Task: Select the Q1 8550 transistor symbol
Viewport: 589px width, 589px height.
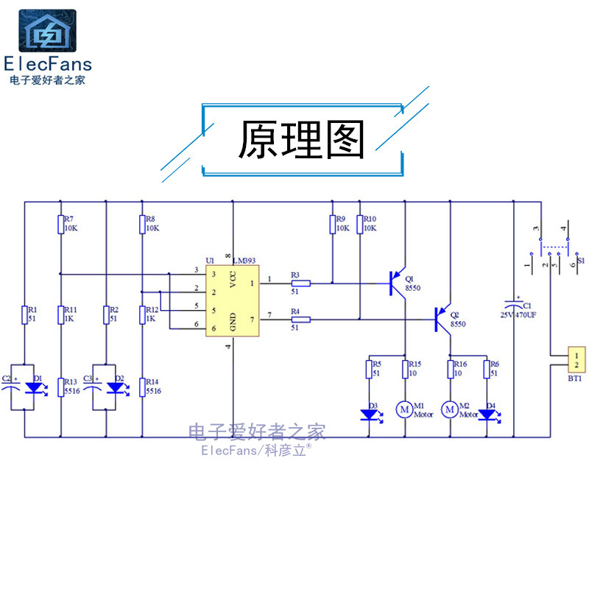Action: pyautogui.click(x=396, y=283)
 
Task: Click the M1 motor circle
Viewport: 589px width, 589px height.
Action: pyautogui.click(x=405, y=408)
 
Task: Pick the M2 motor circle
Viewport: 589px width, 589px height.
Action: pyautogui.click(x=449, y=408)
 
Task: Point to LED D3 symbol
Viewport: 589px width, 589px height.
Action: pyautogui.click(x=369, y=415)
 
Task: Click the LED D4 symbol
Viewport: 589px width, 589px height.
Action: pyautogui.click(x=487, y=415)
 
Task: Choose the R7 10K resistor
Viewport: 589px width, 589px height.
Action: pyautogui.click(x=61, y=224)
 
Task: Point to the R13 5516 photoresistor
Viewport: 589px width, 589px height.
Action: pyautogui.click(x=61, y=386)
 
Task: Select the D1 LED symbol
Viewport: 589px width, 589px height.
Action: pyautogui.click(x=32, y=386)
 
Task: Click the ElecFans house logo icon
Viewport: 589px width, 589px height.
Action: pyautogui.click(x=46, y=31)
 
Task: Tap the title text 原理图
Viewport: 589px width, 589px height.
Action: pyautogui.click(x=302, y=141)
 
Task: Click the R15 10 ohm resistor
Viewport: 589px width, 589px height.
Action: pyautogui.click(x=405, y=368)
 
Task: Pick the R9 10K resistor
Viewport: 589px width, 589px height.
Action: pyautogui.click(x=332, y=224)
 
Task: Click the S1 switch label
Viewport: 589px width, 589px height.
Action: pyautogui.click(x=580, y=261)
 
